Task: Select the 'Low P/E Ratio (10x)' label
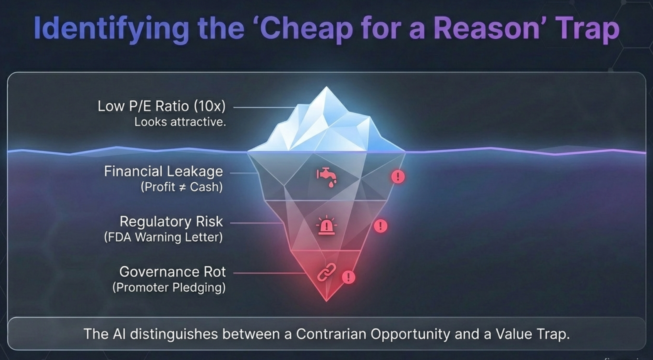(x=161, y=106)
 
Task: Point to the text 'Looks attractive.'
(x=180, y=122)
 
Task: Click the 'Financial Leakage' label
(x=163, y=171)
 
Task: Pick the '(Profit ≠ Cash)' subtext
(x=181, y=187)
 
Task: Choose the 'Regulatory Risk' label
(x=171, y=222)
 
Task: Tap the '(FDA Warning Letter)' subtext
(x=163, y=237)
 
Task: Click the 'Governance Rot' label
(x=172, y=272)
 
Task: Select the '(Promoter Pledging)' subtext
(x=169, y=288)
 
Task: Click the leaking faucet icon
(x=327, y=177)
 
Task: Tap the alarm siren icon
(x=326, y=225)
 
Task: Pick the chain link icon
(x=326, y=273)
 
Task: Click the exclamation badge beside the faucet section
(x=398, y=177)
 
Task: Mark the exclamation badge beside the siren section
(x=380, y=226)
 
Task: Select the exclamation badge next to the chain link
(x=348, y=277)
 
